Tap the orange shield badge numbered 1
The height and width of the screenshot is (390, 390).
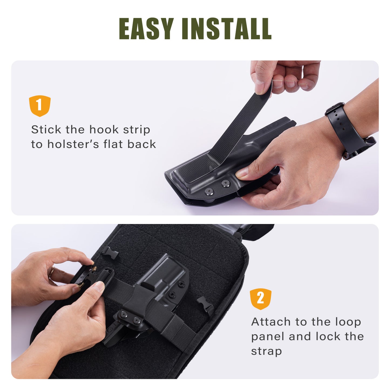coord(40,106)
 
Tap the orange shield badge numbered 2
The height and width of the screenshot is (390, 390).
coord(260,299)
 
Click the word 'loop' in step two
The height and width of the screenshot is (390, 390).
coord(348,322)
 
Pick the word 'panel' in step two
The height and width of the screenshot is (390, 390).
coord(267,337)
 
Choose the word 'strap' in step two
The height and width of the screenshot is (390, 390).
coord(266,351)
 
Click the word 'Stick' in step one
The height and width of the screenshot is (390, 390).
coord(46,130)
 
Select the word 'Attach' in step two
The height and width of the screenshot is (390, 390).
coord(271,322)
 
